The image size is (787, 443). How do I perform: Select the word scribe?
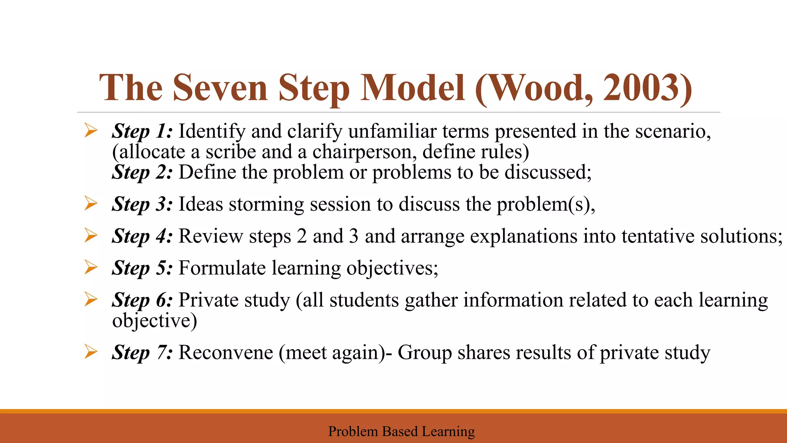[231, 152]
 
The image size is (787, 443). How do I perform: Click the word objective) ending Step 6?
[154, 321]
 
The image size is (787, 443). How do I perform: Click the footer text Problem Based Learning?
[401, 431]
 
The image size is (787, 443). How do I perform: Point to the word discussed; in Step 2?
[548, 172]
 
